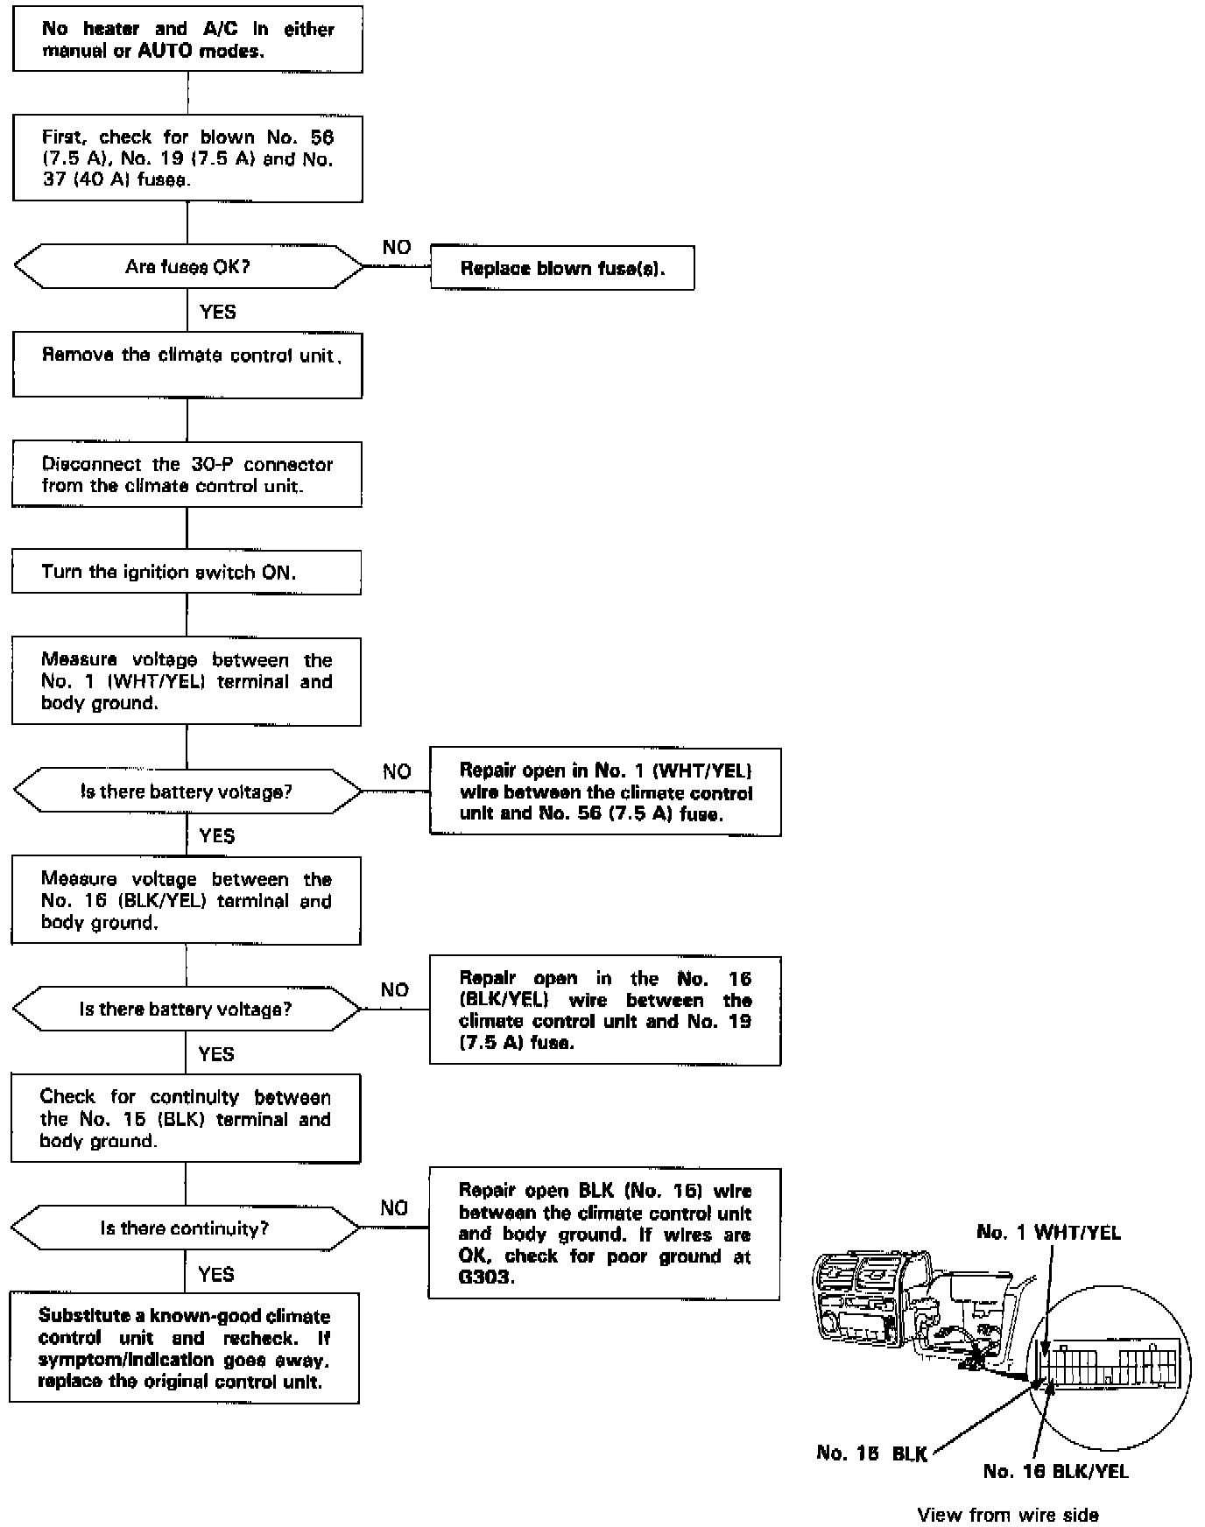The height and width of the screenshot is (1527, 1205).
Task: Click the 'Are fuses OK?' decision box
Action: (x=187, y=267)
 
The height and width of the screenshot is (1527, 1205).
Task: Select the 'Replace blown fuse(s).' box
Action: (x=562, y=268)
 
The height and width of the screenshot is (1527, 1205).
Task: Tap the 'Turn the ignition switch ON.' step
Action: (x=187, y=573)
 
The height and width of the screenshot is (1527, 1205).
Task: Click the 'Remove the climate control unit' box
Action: (x=187, y=365)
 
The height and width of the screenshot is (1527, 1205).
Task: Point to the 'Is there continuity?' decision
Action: (x=185, y=1228)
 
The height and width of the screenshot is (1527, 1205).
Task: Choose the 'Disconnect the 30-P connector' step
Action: (x=187, y=475)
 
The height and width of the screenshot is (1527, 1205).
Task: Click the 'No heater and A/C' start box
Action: (x=187, y=40)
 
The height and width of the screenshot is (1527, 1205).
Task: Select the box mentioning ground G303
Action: (x=604, y=1233)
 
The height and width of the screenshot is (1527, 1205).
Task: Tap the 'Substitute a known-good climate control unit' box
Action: (x=185, y=1348)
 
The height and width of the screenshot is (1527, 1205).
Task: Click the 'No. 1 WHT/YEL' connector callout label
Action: (x=1048, y=1233)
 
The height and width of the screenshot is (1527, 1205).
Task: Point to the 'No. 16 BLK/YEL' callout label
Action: (x=1055, y=1471)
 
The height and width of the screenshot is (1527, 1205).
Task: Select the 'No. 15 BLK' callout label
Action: (x=871, y=1453)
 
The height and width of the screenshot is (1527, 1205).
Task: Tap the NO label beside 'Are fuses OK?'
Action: (x=397, y=248)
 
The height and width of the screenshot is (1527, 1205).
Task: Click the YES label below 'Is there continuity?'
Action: (x=216, y=1274)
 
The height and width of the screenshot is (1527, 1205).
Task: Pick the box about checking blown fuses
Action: (x=187, y=159)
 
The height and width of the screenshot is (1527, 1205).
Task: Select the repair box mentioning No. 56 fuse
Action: (x=605, y=792)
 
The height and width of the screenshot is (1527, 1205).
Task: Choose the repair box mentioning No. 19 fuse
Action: (x=605, y=1010)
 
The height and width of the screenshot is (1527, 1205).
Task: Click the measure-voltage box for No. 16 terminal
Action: (x=187, y=901)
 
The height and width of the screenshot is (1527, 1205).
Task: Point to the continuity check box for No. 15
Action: (x=186, y=1118)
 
